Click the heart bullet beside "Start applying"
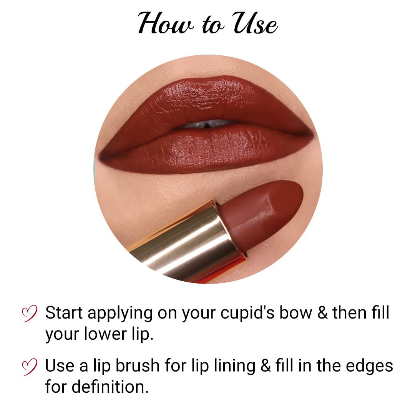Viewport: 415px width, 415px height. tap(30, 313)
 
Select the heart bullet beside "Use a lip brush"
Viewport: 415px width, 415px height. tap(30, 366)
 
